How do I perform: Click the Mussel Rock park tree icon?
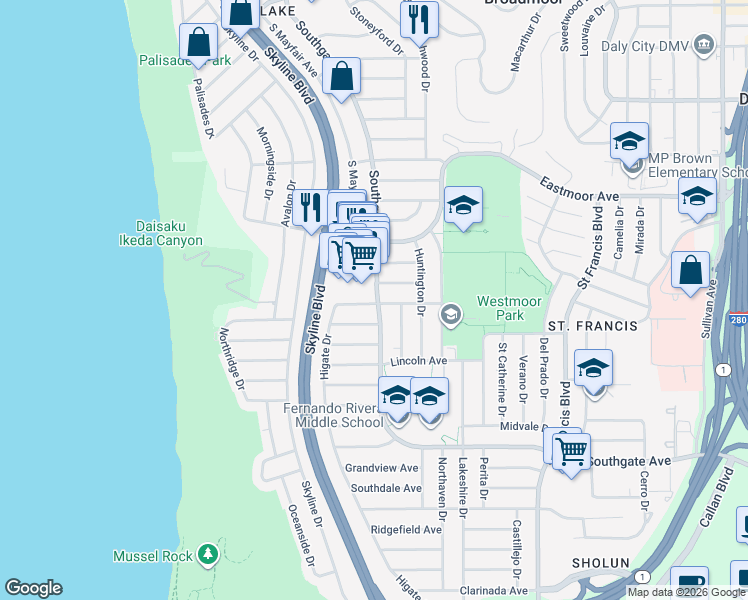click(x=207, y=553)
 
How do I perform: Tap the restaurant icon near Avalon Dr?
click(x=310, y=207)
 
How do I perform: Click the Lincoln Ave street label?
click(x=418, y=360)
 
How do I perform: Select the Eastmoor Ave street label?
click(x=580, y=187)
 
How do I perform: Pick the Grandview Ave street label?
click(x=381, y=468)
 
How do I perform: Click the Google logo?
click(x=33, y=588)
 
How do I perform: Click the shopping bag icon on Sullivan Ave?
click(x=690, y=270)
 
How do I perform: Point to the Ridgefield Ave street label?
click(x=406, y=530)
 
